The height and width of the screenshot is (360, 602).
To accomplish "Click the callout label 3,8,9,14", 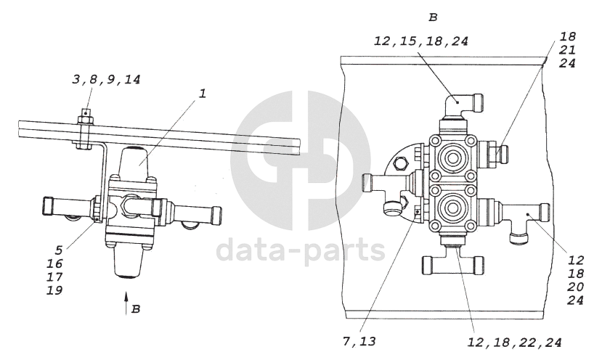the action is point(106,79).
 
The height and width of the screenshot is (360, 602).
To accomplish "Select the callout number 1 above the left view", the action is point(203,93).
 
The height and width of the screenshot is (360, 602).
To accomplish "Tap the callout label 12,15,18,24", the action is point(421,41).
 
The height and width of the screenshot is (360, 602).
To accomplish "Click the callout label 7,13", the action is point(359,341).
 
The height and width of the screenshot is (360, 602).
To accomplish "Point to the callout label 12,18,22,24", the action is point(514,343).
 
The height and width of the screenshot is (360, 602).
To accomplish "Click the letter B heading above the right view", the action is point(433,17).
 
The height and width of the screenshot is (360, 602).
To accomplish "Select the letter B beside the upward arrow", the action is point(136,309).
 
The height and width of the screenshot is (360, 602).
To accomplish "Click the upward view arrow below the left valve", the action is point(126,303).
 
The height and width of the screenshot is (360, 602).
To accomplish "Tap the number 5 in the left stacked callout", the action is point(58,250).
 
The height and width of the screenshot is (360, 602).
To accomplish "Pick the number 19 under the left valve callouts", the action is point(54,290).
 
